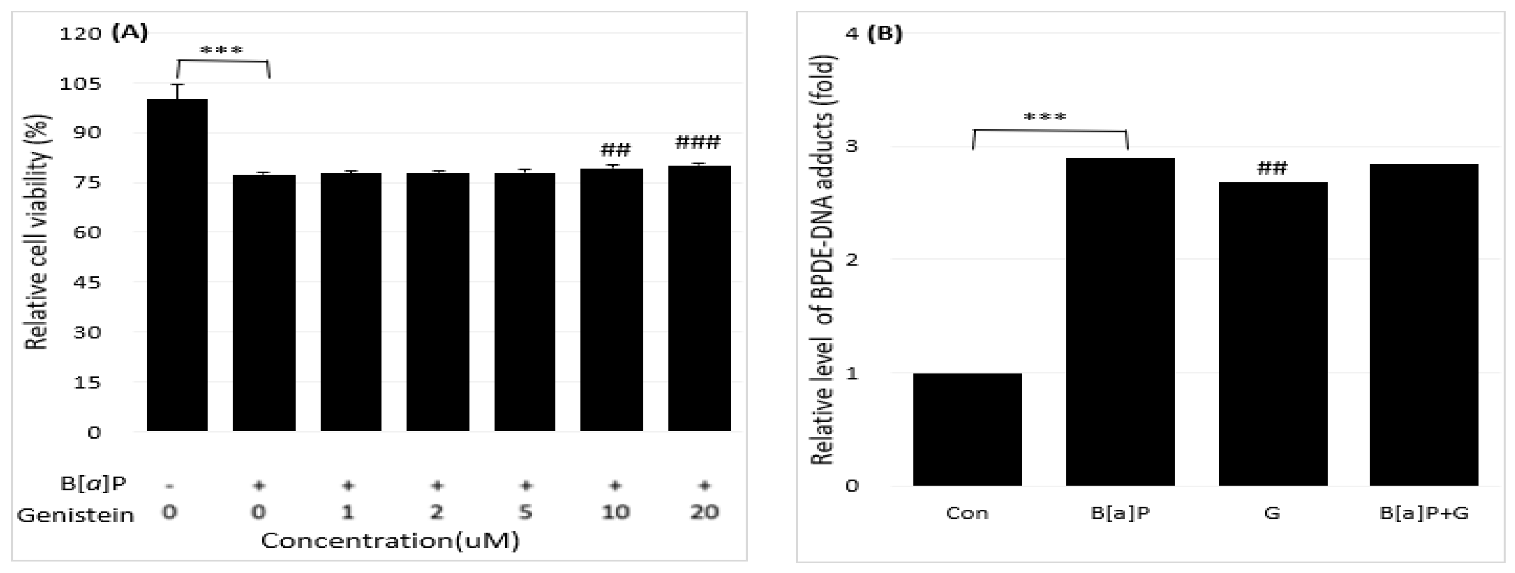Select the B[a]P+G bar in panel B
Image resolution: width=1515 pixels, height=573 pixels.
point(1423,324)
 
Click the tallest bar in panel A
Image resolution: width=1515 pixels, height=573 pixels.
point(177,265)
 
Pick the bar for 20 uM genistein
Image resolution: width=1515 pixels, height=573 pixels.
point(699,298)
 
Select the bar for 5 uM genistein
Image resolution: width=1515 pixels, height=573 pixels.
point(525,302)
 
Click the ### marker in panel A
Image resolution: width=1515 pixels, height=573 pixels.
point(697,142)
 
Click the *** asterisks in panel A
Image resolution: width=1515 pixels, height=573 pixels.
point(222,51)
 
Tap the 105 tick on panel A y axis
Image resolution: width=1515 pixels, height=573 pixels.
point(81,84)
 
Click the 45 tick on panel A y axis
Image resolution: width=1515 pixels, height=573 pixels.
point(86,283)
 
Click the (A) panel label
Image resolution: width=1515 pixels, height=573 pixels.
point(130,32)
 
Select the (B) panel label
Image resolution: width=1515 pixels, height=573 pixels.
point(885,34)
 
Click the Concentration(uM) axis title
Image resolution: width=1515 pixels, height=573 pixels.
point(390,541)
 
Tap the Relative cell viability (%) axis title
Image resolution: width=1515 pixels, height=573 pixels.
point(37,232)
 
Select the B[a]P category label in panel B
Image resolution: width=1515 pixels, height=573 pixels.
point(1120,513)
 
